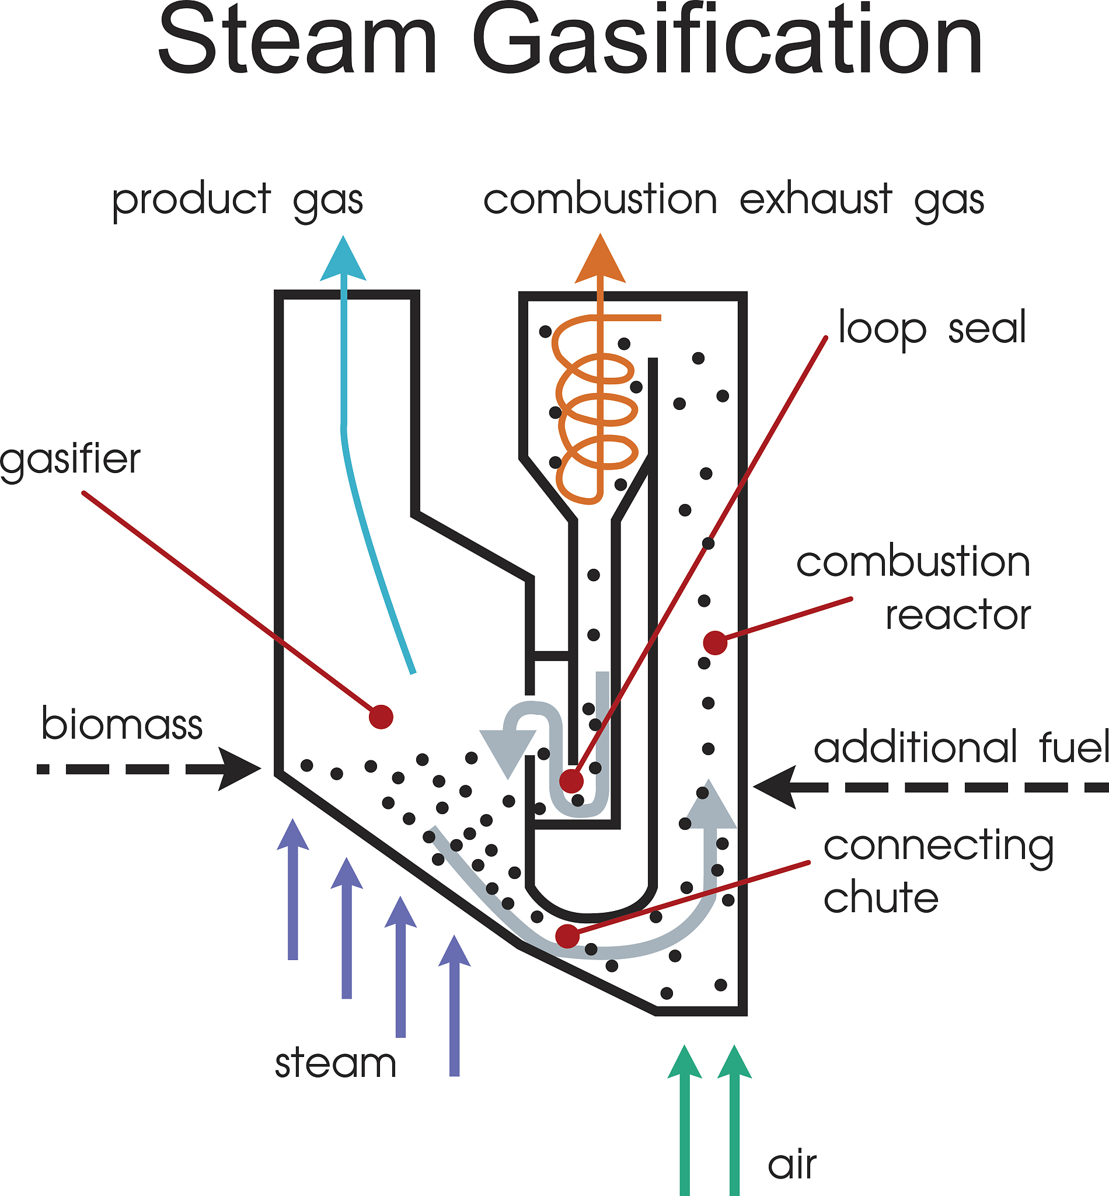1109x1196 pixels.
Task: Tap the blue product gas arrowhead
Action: coord(343,262)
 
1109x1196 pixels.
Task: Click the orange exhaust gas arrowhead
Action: coord(600,262)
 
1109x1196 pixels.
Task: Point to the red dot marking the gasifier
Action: coord(381,717)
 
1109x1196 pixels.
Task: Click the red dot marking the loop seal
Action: coord(571,781)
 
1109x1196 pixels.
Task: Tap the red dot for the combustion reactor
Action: coord(715,643)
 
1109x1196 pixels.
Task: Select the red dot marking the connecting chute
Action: coord(567,936)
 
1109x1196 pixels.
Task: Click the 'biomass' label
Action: coord(122,724)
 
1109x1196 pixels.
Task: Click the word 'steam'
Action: coord(336,1063)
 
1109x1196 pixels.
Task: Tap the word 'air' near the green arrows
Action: coord(791,1166)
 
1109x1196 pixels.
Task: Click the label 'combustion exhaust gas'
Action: coord(733,200)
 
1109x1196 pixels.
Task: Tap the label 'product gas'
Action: coord(238,200)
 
